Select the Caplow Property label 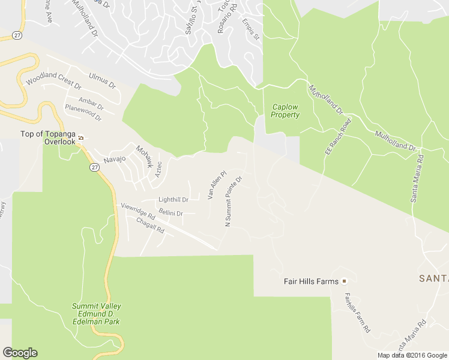click(x=285, y=111)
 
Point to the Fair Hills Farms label click(x=312, y=281)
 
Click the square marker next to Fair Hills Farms click(x=345, y=281)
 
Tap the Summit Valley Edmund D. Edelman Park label click(x=97, y=314)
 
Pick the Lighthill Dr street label click(x=173, y=200)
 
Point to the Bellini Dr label click(x=171, y=212)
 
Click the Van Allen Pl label click(x=217, y=185)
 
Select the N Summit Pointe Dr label click(x=233, y=201)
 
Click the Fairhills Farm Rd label click(x=358, y=313)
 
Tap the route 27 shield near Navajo click(x=95, y=167)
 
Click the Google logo click(x=20, y=353)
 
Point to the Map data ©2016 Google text click(x=412, y=355)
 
